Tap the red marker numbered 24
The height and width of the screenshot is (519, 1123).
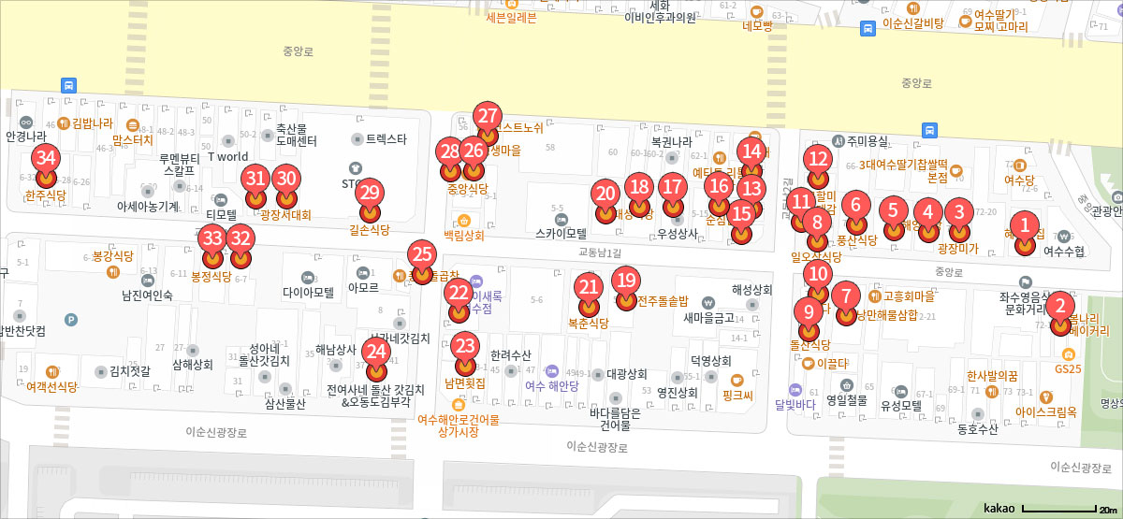(x=376, y=353)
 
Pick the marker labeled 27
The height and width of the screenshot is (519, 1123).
(x=488, y=117)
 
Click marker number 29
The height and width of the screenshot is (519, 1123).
(x=371, y=193)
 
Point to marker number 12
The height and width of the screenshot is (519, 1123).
(x=819, y=159)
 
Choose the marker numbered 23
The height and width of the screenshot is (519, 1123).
(x=465, y=345)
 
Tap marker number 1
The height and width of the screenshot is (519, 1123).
(x=1026, y=225)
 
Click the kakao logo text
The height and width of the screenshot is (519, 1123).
(x=999, y=508)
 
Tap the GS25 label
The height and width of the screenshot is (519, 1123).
(x=1068, y=368)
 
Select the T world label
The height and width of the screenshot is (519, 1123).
(x=227, y=156)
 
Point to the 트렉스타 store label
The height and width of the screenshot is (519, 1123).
(x=386, y=139)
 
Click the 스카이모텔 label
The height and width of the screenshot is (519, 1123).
(x=561, y=234)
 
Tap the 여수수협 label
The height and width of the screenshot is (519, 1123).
(x=1063, y=251)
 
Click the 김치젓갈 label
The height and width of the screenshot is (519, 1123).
(x=129, y=370)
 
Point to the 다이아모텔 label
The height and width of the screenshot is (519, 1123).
(x=309, y=291)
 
